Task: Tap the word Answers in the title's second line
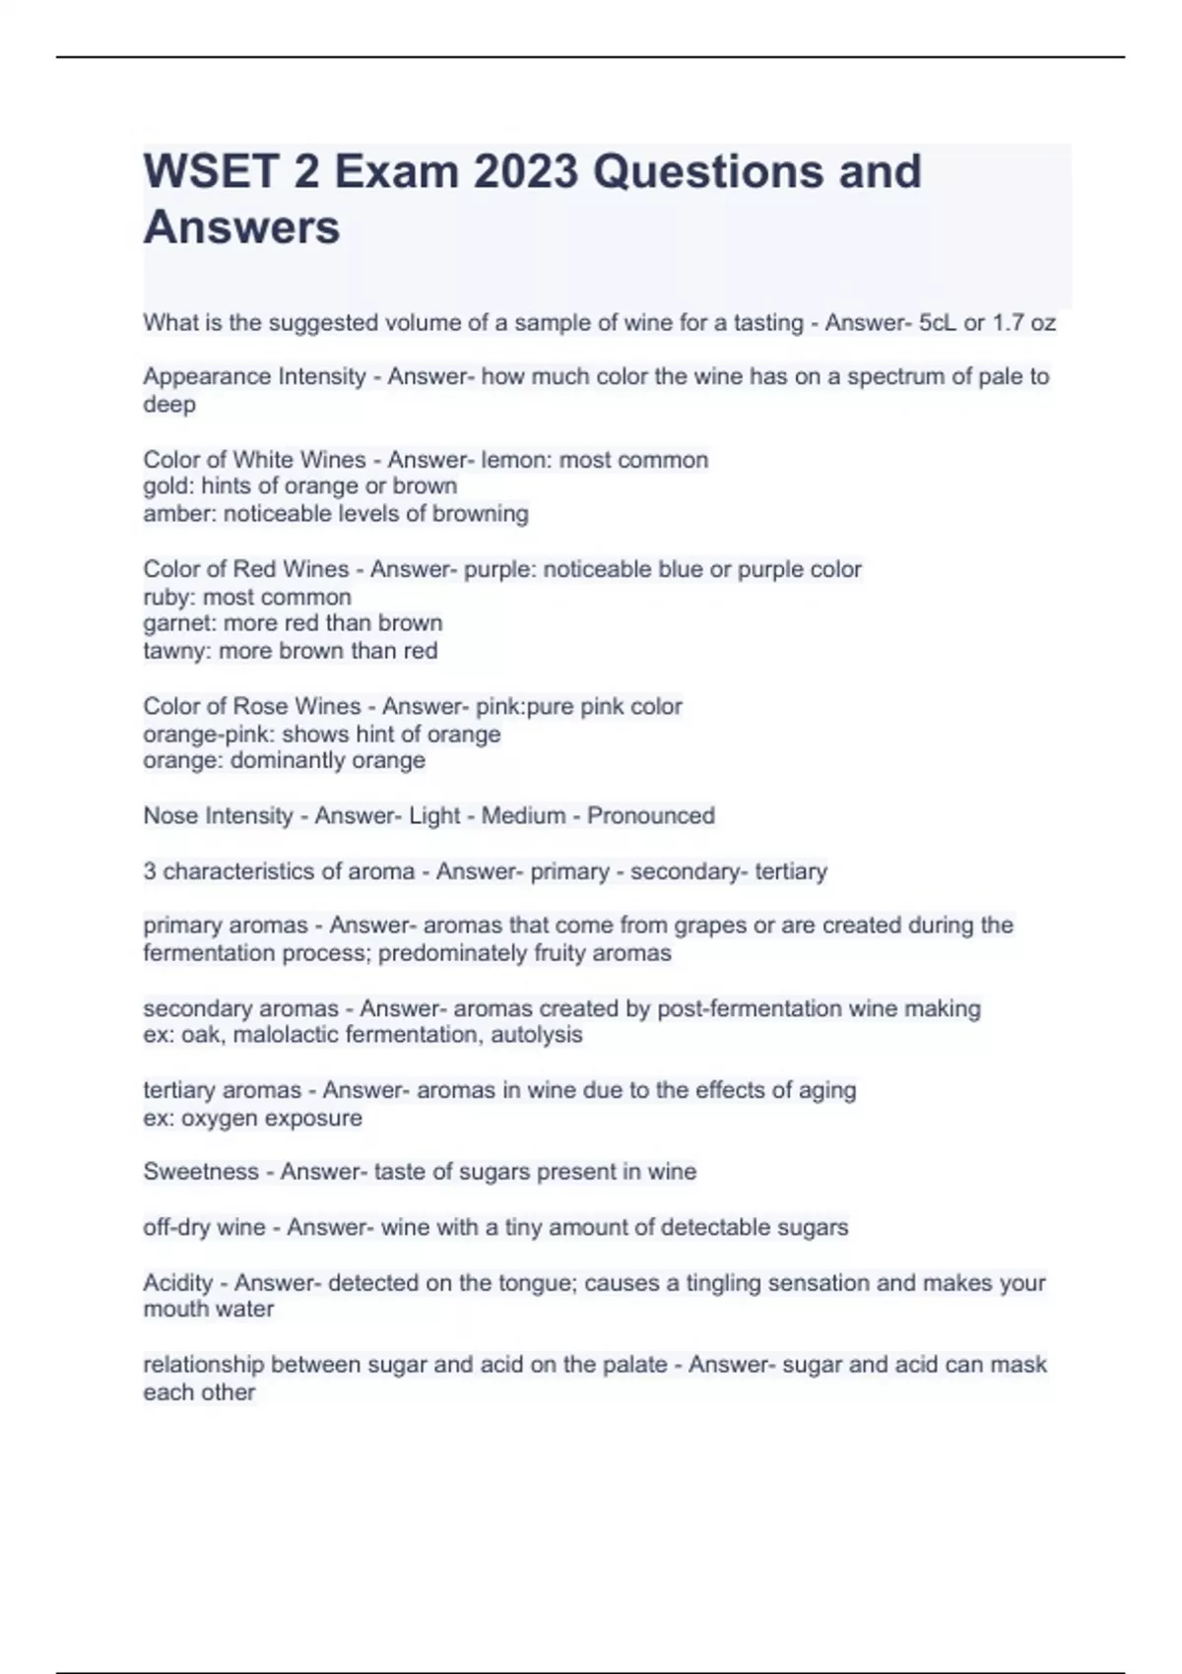241,227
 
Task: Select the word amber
179,514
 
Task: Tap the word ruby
168,597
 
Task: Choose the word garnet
178,623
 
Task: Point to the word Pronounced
651,816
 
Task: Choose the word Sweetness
201,1172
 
